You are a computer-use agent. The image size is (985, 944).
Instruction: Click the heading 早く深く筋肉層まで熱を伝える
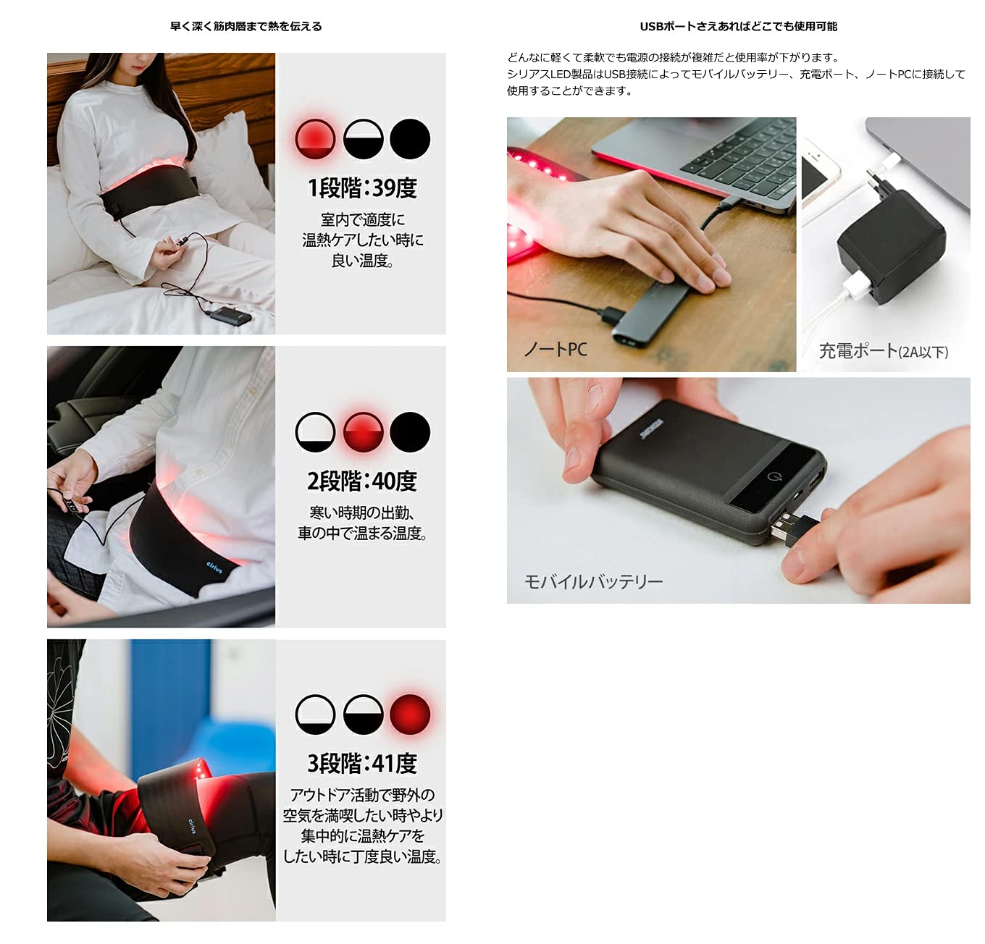(246, 26)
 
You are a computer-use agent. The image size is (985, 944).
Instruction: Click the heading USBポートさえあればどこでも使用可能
(739, 26)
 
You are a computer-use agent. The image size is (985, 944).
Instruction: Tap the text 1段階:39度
(362, 188)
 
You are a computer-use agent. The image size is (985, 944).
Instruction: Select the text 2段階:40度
(362, 481)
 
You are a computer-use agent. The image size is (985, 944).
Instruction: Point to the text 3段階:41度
(362, 764)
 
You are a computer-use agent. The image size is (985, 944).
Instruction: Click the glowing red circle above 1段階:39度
(315, 138)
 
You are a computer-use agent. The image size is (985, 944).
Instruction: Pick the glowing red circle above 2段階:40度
(363, 432)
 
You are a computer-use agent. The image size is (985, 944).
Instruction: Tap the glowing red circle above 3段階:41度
(410, 715)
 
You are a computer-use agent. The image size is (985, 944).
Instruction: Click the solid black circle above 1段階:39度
(410, 138)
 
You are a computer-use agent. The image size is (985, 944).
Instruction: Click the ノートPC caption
(556, 349)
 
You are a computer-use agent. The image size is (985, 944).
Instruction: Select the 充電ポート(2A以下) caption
(884, 351)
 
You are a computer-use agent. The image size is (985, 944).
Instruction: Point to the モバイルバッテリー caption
(593, 582)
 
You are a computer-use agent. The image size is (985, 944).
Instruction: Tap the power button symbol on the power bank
(772, 476)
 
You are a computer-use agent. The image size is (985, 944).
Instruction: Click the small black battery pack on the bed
(230, 316)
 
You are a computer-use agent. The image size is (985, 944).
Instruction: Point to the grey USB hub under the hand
(653, 313)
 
